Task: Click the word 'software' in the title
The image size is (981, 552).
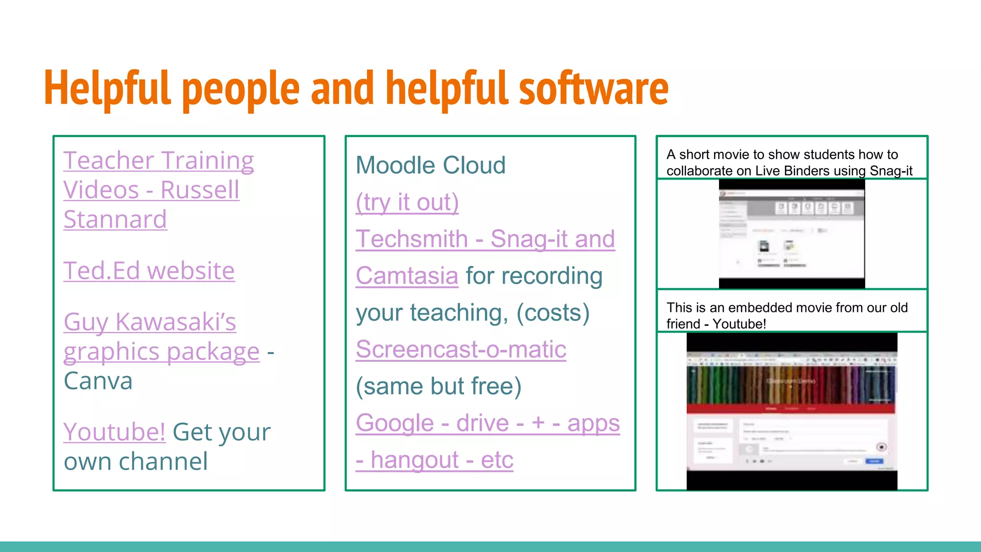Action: tap(593, 89)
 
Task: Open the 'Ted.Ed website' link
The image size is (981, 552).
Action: tap(149, 271)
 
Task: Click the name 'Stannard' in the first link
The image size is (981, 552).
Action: tap(115, 219)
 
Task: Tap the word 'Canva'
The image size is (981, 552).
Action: tap(98, 381)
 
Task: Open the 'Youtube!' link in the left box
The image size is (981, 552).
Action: tap(114, 432)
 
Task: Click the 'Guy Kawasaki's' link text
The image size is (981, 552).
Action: tap(149, 322)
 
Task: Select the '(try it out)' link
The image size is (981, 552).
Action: tap(407, 202)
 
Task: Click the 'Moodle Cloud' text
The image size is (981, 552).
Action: tap(430, 165)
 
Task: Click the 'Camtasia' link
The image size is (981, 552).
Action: tap(407, 276)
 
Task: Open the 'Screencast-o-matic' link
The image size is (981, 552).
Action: tap(461, 349)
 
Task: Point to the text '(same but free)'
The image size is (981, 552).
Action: tap(438, 386)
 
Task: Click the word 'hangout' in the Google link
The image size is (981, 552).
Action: tap(415, 460)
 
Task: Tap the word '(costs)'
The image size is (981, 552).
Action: tap(553, 313)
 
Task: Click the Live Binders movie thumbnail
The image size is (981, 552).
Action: tap(791, 234)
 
